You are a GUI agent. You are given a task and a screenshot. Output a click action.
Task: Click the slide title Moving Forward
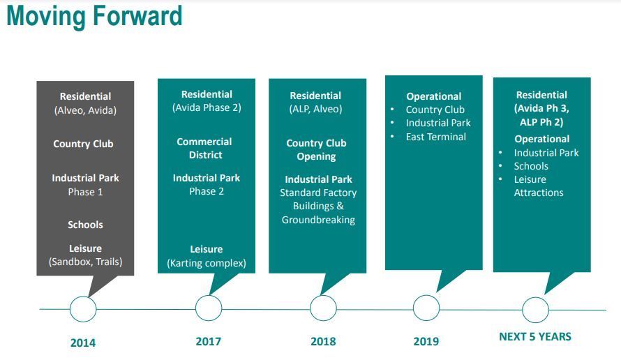click(95, 16)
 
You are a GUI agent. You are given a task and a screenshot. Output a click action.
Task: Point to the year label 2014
click(83, 343)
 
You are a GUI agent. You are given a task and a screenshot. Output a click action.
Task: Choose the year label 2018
click(323, 341)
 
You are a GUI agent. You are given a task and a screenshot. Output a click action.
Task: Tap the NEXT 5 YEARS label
click(535, 337)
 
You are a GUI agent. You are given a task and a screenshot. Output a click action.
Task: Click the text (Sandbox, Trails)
click(86, 262)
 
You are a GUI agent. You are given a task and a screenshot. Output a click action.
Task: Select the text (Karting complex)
click(207, 263)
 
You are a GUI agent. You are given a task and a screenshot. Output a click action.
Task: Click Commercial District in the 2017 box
click(204, 148)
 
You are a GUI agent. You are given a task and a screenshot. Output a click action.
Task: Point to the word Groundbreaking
click(318, 220)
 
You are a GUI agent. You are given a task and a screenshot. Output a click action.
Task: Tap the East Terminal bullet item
click(436, 137)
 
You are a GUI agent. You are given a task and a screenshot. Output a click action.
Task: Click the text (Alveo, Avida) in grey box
click(86, 110)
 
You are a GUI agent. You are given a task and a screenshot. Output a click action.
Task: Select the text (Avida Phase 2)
click(207, 107)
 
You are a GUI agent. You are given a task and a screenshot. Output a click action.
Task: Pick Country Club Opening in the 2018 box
click(317, 149)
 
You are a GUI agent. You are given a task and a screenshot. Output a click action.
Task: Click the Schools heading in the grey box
click(86, 225)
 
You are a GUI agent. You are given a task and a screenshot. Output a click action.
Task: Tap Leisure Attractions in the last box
click(539, 186)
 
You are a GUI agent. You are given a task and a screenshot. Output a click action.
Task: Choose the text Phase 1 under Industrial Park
click(86, 192)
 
